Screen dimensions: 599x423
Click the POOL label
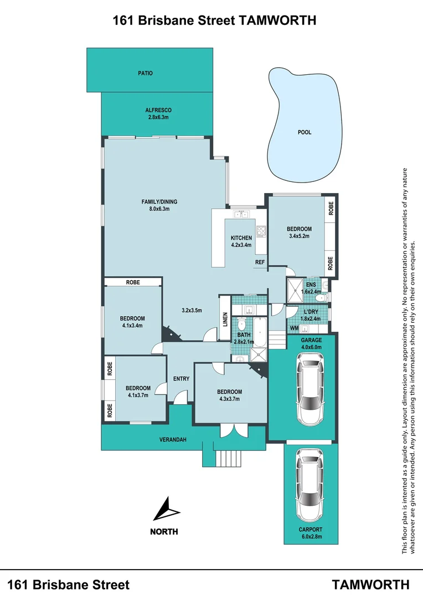pyautogui.click(x=304, y=133)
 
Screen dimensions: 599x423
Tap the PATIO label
pyautogui.click(x=145, y=73)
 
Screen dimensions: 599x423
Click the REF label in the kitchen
pyautogui.click(x=259, y=262)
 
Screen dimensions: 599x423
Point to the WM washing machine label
pyautogui.click(x=294, y=328)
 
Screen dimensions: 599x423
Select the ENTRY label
pyautogui.click(x=181, y=379)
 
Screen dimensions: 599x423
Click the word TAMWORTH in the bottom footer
pyautogui.click(x=370, y=585)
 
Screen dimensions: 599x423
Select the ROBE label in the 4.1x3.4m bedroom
pyautogui.click(x=133, y=282)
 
